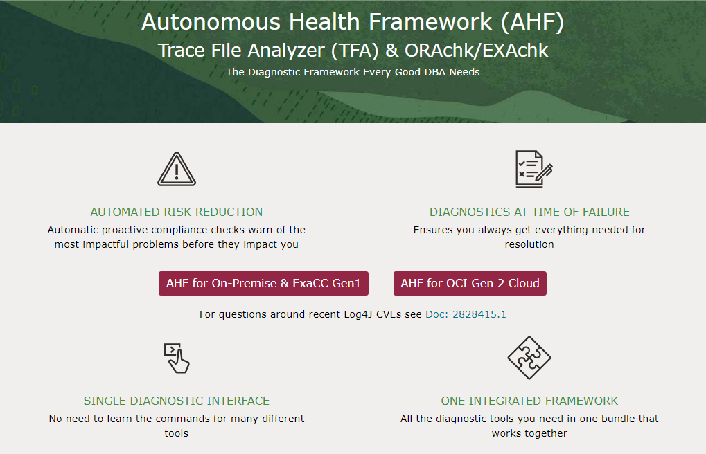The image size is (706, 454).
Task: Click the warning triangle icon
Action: pos(177,170)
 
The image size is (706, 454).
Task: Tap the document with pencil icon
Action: pos(533,170)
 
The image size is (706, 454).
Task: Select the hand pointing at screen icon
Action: pos(177,358)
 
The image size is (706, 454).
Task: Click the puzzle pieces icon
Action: pos(529,358)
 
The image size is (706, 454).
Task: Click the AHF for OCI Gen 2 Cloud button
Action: pos(470,283)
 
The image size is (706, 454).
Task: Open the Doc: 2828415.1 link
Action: pos(466,314)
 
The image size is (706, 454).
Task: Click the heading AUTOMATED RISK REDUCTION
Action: pos(177,212)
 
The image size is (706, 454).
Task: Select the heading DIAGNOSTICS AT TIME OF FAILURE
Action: pos(529,212)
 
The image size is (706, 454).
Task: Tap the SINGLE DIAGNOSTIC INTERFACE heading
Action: pos(177,401)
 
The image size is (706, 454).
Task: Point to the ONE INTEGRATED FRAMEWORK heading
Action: pos(529,401)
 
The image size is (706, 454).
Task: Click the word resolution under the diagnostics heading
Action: pos(529,244)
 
